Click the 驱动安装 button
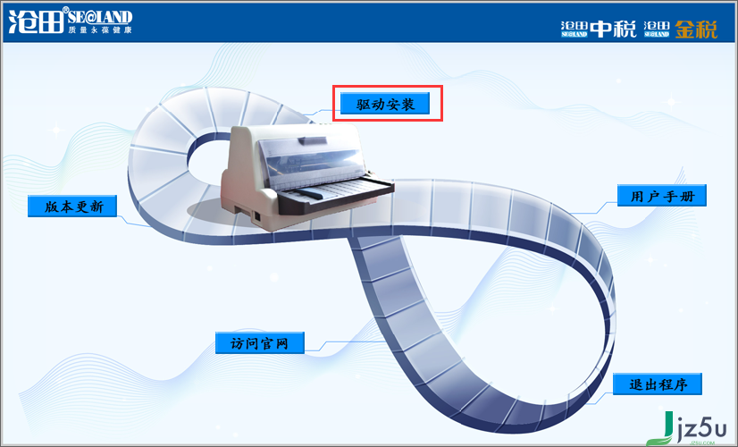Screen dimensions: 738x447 (x=385, y=103)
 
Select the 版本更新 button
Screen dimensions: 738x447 (x=72, y=206)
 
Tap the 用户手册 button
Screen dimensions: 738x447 (x=662, y=195)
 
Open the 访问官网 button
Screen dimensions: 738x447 (x=260, y=342)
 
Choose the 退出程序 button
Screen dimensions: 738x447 (x=658, y=384)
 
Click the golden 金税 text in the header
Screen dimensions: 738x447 (x=696, y=30)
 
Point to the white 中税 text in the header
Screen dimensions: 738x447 (x=613, y=30)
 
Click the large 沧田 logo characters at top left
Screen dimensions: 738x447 (x=37, y=21)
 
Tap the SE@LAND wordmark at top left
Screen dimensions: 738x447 (x=100, y=17)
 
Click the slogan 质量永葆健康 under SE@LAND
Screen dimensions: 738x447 (x=100, y=30)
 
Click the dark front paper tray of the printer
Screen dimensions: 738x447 (x=335, y=196)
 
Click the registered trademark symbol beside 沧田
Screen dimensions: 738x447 (x=65, y=10)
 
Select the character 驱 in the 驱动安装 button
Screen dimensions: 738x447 (x=363, y=104)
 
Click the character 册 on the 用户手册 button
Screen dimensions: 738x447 (x=688, y=196)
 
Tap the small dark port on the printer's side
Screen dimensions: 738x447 (x=257, y=216)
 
